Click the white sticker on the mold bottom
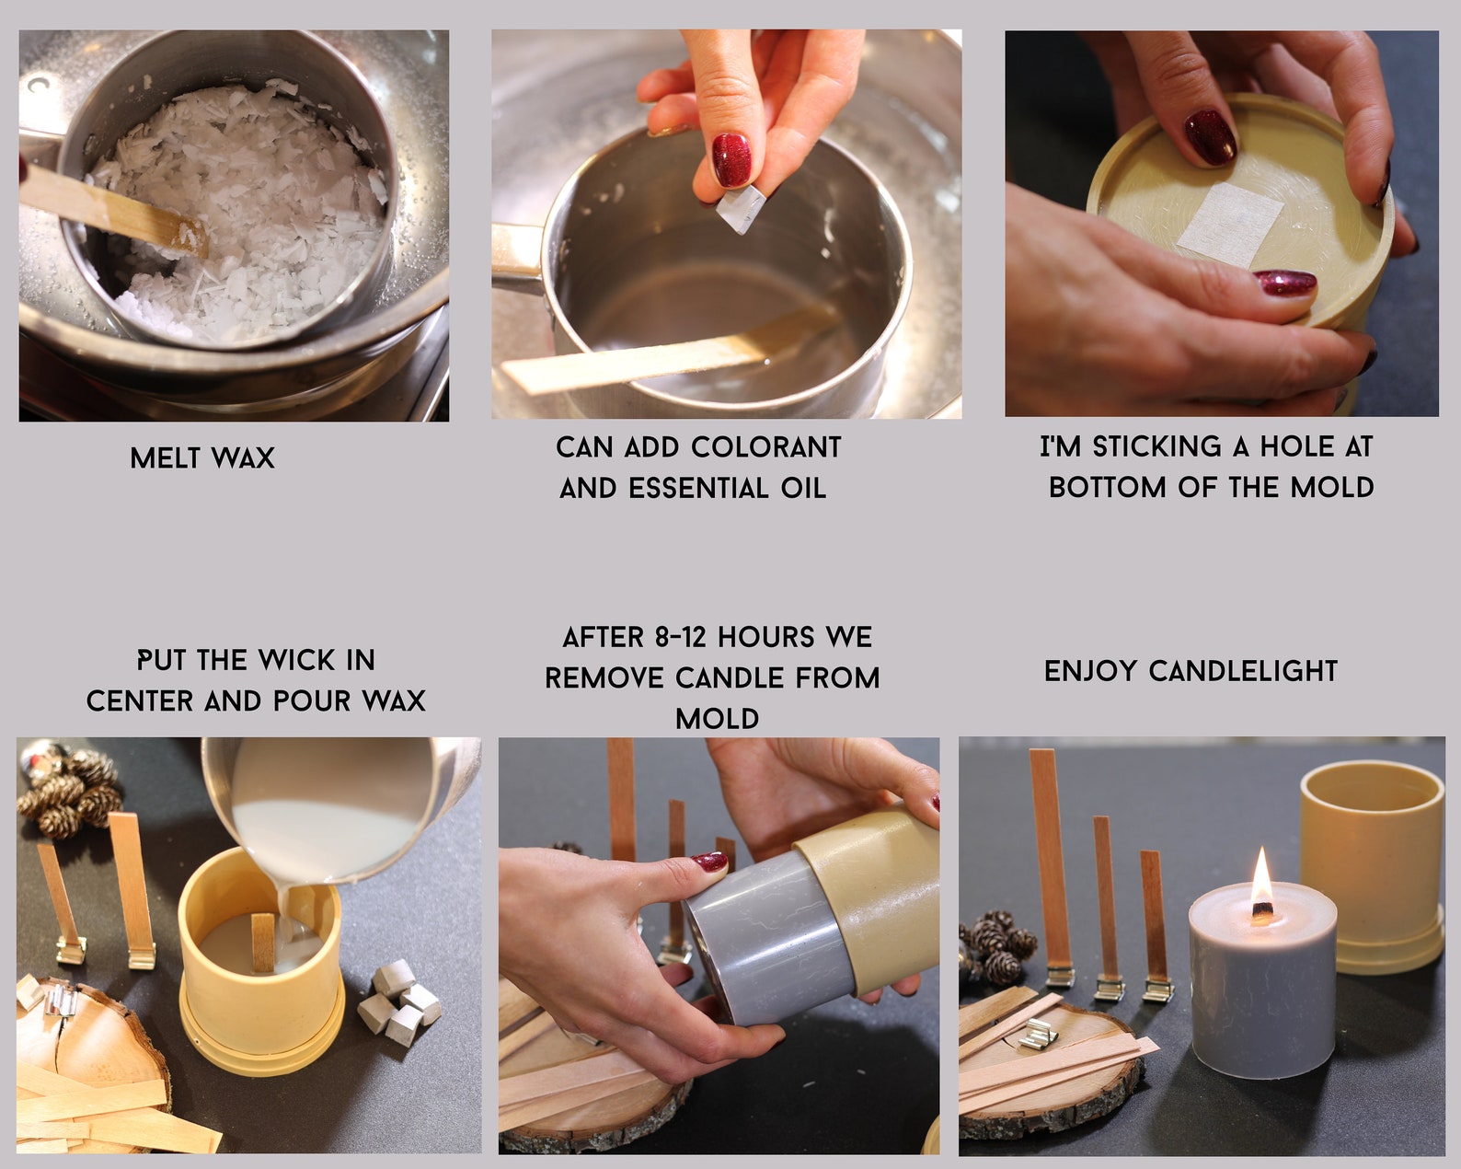coord(1230,225)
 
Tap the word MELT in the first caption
coord(166,457)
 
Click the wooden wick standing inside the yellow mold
coord(263,942)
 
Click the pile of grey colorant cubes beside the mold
coord(399,1001)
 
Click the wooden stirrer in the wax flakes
coord(113,212)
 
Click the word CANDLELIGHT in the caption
coord(1243,671)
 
